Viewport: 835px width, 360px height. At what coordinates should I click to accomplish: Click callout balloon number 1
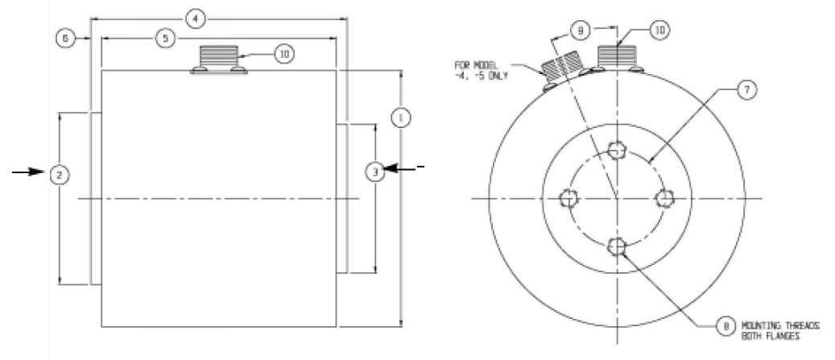pyautogui.click(x=399, y=118)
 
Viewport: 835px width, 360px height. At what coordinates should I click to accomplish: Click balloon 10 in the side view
pyautogui.click(x=283, y=54)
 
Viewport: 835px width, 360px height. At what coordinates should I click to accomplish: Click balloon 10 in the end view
pyautogui.click(x=659, y=31)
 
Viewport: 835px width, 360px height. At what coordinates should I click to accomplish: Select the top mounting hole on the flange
pyautogui.click(x=617, y=150)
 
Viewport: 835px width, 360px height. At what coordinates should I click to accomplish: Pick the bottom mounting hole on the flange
pyautogui.click(x=617, y=246)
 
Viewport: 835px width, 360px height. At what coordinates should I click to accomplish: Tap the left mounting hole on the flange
pyautogui.click(x=568, y=198)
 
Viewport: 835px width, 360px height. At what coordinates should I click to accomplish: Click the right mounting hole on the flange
pyautogui.click(x=665, y=198)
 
